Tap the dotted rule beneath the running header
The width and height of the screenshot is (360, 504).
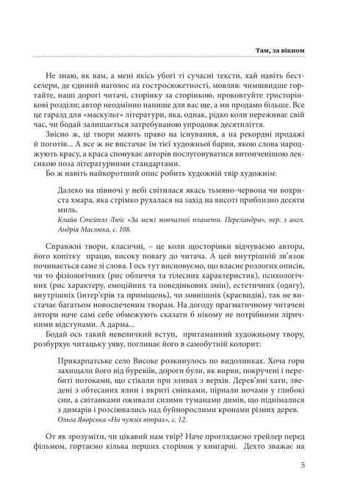click(x=180, y=58)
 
